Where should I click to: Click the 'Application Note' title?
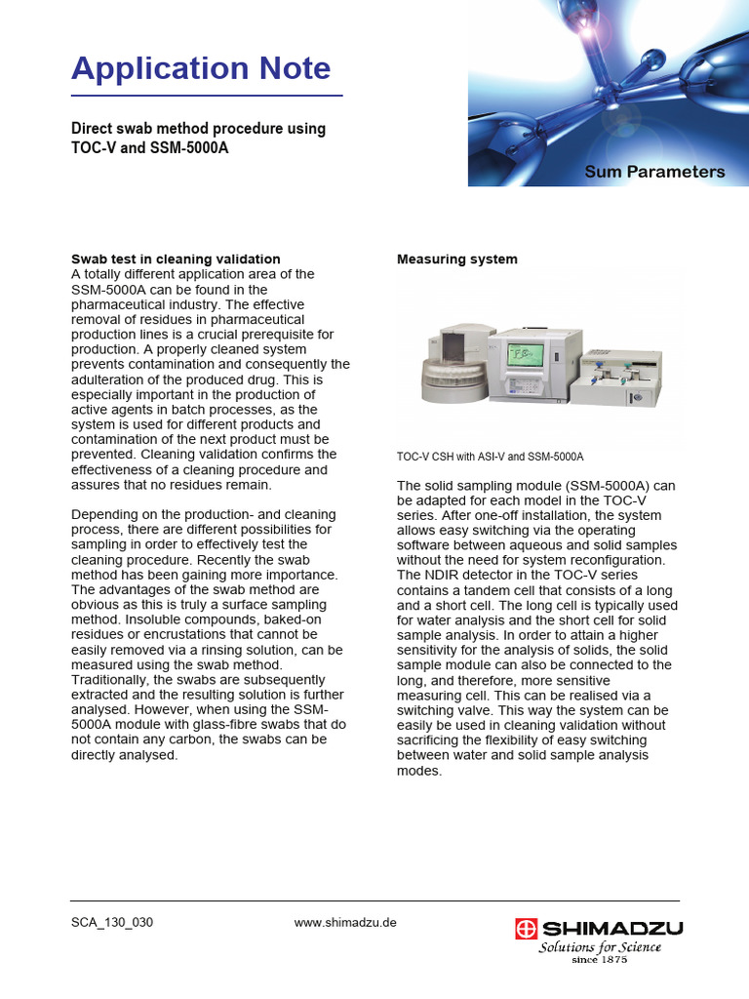[x=201, y=69]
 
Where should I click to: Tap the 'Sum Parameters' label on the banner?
[x=654, y=172]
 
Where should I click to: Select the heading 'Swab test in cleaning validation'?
[x=176, y=259]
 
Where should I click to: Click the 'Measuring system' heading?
[x=456, y=259]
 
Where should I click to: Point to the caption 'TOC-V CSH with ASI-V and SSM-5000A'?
[x=490, y=457]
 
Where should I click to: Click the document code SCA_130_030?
[x=112, y=923]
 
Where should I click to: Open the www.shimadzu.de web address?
[x=345, y=923]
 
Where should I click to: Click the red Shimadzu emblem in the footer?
[x=528, y=928]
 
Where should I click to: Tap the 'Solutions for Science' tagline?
[x=600, y=946]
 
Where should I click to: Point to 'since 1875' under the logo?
[x=599, y=960]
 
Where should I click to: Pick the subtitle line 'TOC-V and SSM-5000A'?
[x=154, y=148]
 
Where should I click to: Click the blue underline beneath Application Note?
[x=207, y=96]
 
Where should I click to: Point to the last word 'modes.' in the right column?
[x=419, y=771]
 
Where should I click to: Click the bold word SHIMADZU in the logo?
[x=612, y=928]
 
